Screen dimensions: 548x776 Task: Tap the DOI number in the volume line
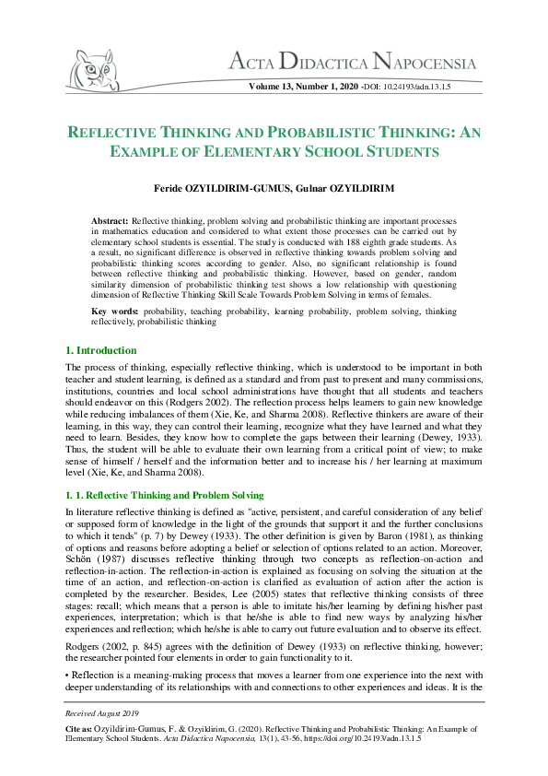pos(418,87)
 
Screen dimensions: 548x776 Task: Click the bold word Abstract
pos(110,222)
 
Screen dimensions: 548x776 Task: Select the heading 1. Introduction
pos(100,351)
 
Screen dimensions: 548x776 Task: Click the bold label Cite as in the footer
pos(78,728)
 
